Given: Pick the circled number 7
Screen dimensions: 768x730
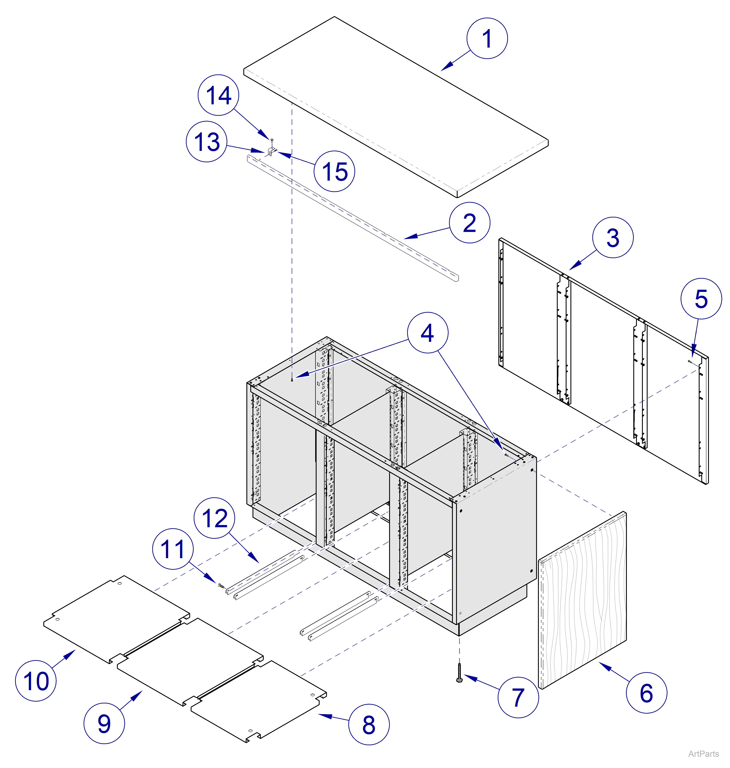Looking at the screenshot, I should coord(518,697).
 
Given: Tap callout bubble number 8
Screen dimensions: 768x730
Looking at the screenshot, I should coord(369,725).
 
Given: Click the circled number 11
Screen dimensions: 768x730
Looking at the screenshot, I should coord(173,549).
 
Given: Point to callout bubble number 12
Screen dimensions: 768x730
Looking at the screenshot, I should coord(214,518).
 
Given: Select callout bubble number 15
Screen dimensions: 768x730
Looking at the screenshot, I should coord(334,171).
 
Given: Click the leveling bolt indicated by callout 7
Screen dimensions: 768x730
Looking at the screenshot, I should coord(459,673).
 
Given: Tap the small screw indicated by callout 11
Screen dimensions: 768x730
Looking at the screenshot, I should coord(221,585).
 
